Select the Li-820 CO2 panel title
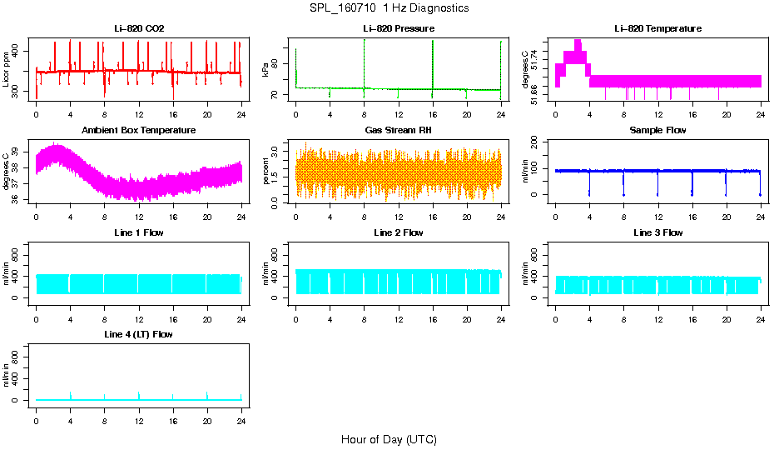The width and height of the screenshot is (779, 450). point(139,28)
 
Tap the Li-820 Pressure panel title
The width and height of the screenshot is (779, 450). point(399,28)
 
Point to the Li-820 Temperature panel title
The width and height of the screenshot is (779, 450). point(657,28)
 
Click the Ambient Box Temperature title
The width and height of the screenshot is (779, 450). point(139,131)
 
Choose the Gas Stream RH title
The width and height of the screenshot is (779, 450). point(399,131)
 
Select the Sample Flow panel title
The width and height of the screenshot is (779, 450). point(657,131)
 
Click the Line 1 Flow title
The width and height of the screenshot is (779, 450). point(139,232)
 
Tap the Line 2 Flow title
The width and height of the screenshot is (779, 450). point(399,232)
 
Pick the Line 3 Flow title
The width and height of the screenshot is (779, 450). point(657,232)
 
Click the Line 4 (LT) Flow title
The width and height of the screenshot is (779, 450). point(139,334)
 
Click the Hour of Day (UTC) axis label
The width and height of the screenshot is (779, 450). point(389,439)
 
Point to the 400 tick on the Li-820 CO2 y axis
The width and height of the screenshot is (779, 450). point(18,51)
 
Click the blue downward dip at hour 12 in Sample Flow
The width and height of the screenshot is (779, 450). point(657,183)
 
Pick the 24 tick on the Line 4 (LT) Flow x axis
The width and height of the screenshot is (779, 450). point(241,412)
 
